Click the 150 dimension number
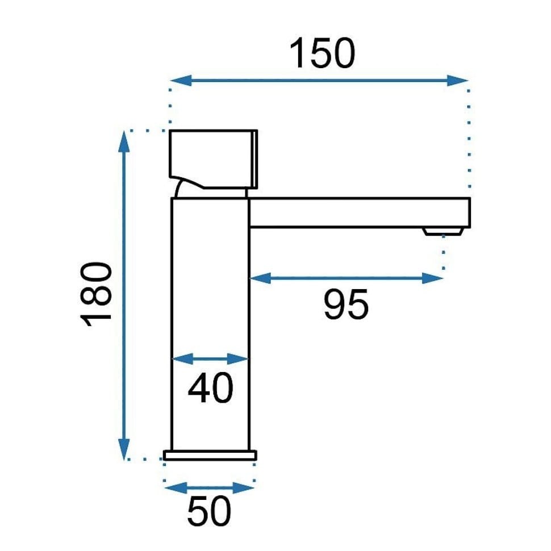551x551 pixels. point(322,53)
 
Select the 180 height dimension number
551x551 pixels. point(96,294)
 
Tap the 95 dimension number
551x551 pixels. point(346,304)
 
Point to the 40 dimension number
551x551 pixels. point(210,388)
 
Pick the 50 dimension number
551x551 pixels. point(209,511)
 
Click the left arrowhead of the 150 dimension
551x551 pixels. point(181,81)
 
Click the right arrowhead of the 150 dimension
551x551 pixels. point(457,81)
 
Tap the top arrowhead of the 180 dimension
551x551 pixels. point(124,141)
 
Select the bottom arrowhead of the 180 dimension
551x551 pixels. point(124,449)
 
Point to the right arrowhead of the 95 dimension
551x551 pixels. point(433,278)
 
